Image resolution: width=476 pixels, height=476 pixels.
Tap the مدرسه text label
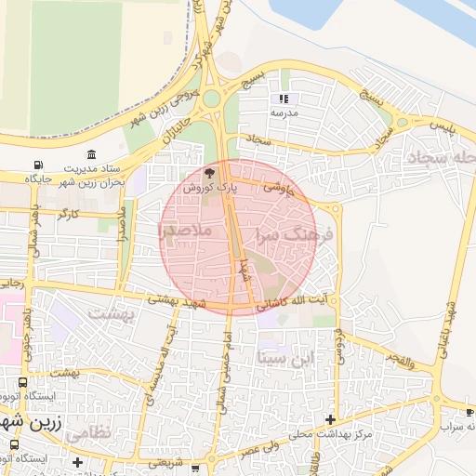coord(284,112)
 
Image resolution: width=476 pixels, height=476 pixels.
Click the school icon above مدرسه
coord(284,98)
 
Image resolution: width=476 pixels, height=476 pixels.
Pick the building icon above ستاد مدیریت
coord(90,154)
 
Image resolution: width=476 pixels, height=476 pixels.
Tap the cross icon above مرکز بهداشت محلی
coord(329,419)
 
